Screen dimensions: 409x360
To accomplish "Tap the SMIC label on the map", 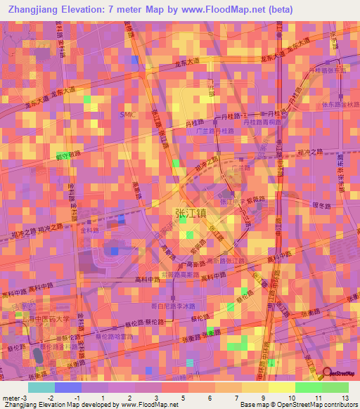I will (x=127, y=114).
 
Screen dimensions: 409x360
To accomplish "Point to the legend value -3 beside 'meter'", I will (x=26, y=398).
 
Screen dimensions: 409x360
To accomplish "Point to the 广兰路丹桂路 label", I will (x=215, y=131).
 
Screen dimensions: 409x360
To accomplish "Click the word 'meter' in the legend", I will (x=11, y=398).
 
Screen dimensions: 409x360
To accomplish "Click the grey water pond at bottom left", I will (x=38, y=357).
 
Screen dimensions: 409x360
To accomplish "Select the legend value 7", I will (x=236, y=398).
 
